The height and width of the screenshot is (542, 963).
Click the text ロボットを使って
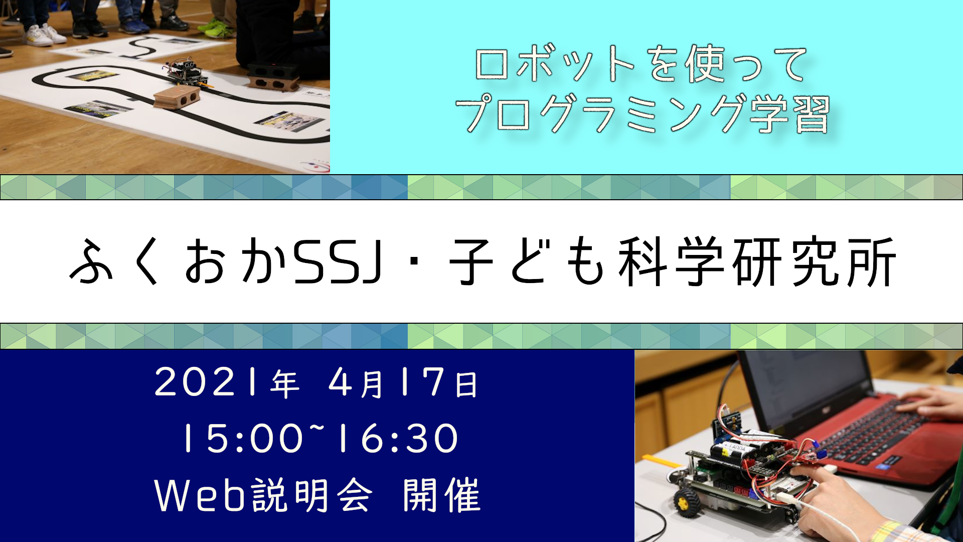pyautogui.click(x=641, y=64)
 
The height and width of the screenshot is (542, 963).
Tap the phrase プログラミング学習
pyautogui.click(x=642, y=114)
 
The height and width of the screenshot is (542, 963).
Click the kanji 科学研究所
pyautogui.click(x=757, y=262)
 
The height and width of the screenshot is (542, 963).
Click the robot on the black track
pyautogui.click(x=187, y=71)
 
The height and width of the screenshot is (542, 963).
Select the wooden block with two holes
pyautogui.click(x=177, y=96)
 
